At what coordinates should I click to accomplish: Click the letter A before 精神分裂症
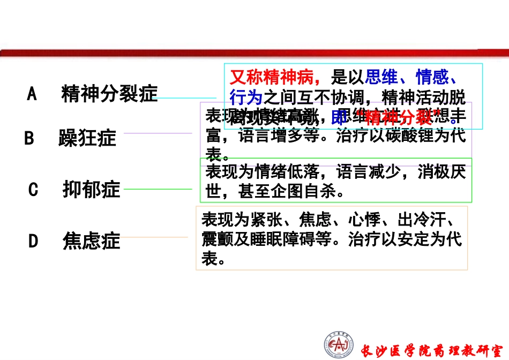coord(32,94)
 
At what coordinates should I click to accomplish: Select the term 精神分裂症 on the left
coord(109,94)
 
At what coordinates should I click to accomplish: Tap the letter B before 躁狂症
coord(29,139)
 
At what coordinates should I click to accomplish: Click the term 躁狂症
coord(87,139)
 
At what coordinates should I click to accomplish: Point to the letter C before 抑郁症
coord(33,190)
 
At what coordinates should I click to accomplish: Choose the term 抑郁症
coord(91,190)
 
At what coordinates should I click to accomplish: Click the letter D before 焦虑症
coord(33,241)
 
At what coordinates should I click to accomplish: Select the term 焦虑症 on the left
coord(91,241)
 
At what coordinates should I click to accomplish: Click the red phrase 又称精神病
coord(274,78)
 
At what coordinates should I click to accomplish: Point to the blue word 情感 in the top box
coord(432,78)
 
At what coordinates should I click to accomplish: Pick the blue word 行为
coord(245,97)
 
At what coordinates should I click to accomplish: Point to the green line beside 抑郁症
coord(158,189)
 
